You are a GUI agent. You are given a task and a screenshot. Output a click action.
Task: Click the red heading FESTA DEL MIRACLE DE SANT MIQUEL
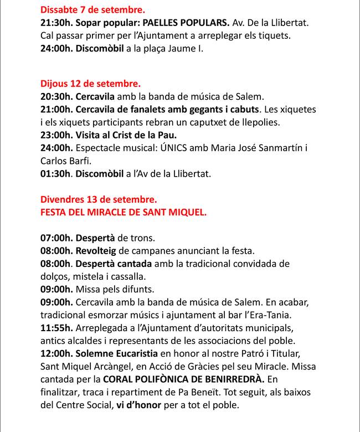[124, 211]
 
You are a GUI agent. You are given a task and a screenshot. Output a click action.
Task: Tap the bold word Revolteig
[95, 251]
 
